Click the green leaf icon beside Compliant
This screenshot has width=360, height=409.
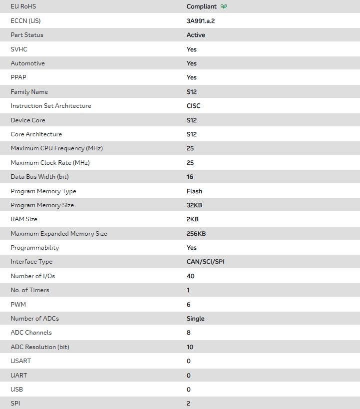coord(224,6)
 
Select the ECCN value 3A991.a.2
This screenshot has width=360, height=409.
coord(200,21)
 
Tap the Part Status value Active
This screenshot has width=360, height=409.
coord(196,35)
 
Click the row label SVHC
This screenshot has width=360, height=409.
coord(19,49)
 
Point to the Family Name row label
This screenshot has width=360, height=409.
coord(29,92)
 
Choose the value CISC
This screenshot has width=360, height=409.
coord(194,106)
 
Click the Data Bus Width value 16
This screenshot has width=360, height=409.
coord(190,177)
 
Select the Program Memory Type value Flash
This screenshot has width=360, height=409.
coord(194,191)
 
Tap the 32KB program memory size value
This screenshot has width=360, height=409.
coord(194,205)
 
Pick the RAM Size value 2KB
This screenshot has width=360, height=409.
coord(193,219)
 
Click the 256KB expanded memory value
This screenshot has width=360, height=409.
coord(196,234)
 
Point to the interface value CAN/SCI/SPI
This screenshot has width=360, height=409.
coord(205,262)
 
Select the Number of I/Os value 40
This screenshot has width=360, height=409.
coord(190,276)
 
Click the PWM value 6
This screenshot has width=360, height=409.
coord(188,305)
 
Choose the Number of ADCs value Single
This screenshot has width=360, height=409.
coord(195,319)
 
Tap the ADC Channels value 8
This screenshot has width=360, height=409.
coord(188,333)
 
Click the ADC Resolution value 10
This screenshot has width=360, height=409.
coord(190,347)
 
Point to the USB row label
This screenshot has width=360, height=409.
coord(16,389)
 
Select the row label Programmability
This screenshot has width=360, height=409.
coord(35,248)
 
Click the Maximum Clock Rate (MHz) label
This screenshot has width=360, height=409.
coord(50,163)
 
